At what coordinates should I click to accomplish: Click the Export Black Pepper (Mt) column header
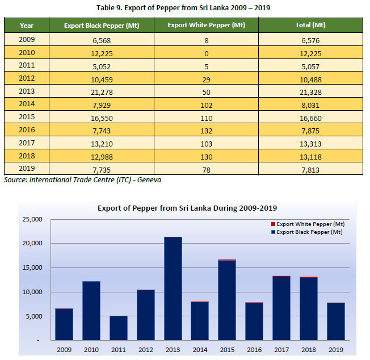102,26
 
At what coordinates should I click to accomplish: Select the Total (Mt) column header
311,26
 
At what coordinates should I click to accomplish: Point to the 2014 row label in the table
26,104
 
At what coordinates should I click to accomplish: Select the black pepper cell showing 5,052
102,66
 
